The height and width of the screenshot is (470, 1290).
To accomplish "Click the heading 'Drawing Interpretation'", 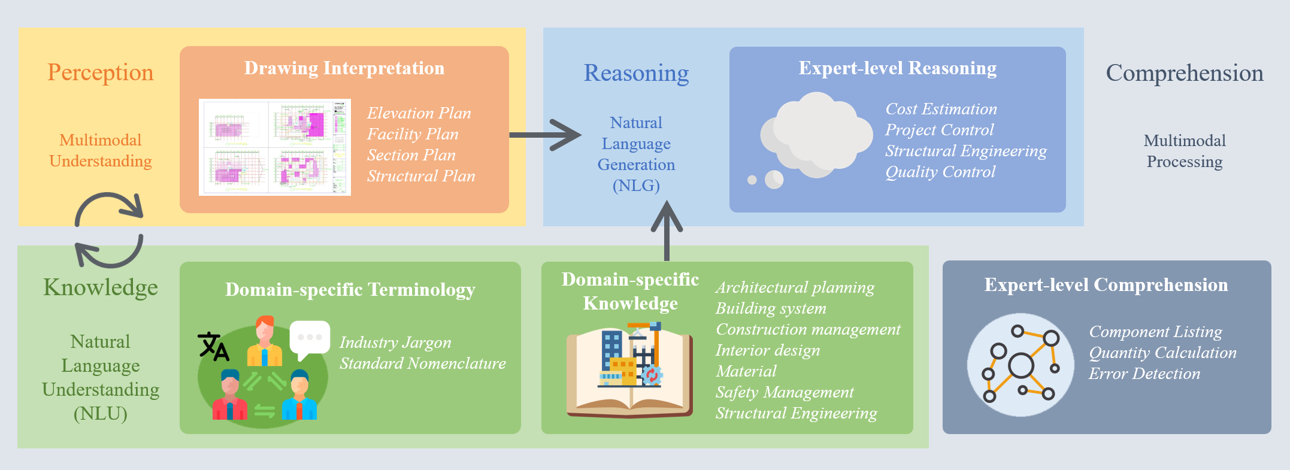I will [x=344, y=68].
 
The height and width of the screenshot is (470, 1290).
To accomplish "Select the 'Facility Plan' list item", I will [x=413, y=134].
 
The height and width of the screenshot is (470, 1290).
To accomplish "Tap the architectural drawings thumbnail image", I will [x=275, y=147].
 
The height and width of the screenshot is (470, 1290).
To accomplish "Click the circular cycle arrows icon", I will [x=109, y=230].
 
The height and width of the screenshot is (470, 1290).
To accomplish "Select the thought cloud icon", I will [x=814, y=138].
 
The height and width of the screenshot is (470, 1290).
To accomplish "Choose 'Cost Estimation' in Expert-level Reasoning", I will [x=941, y=109].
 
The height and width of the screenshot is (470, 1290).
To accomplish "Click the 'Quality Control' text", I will [x=940, y=172].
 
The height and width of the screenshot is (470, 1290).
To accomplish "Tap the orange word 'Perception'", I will [x=101, y=72].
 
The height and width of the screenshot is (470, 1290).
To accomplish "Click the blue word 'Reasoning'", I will [x=636, y=73].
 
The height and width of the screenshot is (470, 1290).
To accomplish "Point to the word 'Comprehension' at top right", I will [x=1184, y=73].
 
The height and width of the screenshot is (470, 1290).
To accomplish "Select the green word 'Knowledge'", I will [x=101, y=287].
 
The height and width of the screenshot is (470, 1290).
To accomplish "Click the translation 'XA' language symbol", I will [x=213, y=346].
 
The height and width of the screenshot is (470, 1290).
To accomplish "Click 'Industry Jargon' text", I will [x=395, y=342].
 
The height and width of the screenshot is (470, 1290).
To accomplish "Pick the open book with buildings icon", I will [x=630, y=371].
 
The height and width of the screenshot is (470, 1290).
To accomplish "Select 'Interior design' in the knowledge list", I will [x=767, y=350].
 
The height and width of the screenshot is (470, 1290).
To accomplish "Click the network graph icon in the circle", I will [x=1020, y=365].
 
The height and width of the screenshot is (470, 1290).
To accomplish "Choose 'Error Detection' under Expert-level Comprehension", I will [x=1144, y=374].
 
